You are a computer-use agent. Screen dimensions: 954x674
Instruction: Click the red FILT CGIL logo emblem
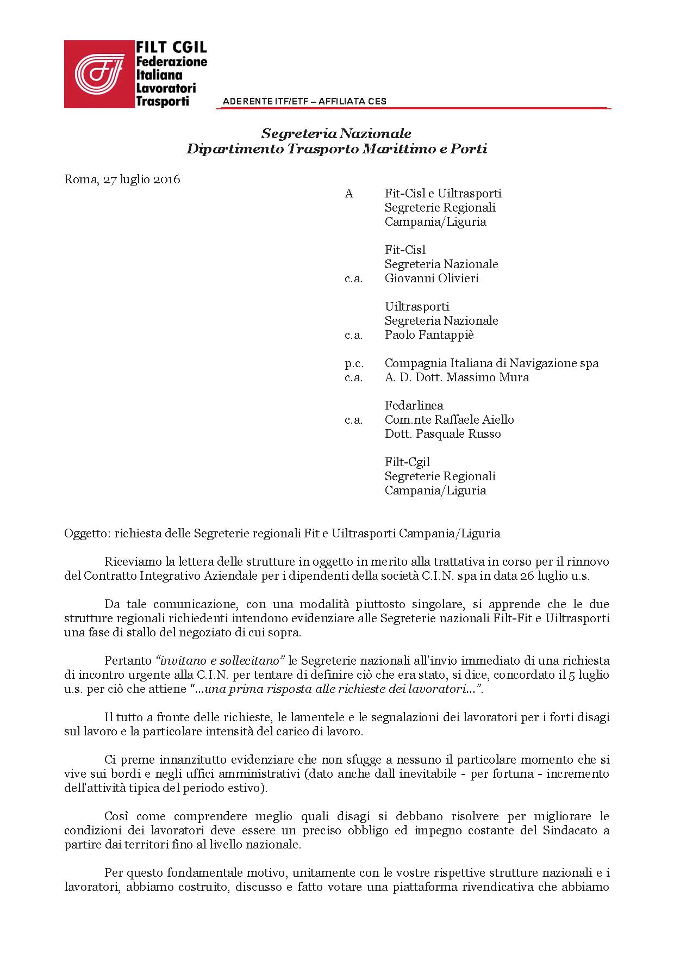tap(99, 74)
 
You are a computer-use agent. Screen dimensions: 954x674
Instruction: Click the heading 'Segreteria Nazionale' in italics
tap(336, 133)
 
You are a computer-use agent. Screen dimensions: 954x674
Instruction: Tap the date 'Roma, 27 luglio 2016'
tap(122, 179)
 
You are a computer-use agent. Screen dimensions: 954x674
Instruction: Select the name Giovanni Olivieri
tap(432, 278)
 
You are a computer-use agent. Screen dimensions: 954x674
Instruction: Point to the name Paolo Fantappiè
tap(429, 334)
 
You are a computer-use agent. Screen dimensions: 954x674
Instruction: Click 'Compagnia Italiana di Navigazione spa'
tap(491, 363)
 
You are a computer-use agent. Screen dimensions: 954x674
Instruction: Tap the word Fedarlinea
tap(414, 405)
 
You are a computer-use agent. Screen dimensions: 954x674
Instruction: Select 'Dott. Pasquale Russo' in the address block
tap(442, 433)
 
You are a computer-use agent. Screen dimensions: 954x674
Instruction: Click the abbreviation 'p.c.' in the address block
tap(354, 363)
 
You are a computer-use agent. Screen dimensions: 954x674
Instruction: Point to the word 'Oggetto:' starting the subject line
tap(87, 533)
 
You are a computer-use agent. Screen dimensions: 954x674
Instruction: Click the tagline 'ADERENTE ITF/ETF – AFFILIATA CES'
tap(304, 101)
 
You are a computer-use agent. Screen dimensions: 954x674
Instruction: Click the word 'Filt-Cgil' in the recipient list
tap(407, 462)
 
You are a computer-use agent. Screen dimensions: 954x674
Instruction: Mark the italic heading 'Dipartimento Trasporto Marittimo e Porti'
tap(336, 148)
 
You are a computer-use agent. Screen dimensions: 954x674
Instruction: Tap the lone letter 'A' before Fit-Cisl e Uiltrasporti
tap(349, 193)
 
